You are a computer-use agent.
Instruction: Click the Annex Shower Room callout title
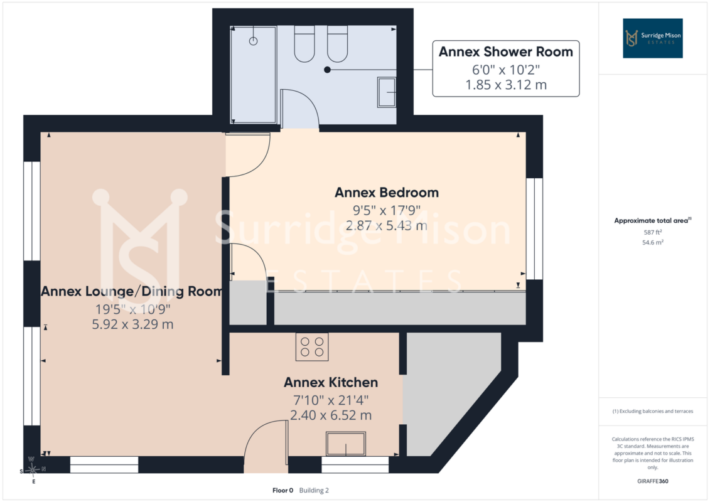point(506,52)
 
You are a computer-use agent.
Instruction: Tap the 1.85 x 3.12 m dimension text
point(506,85)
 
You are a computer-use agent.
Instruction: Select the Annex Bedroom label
point(387,193)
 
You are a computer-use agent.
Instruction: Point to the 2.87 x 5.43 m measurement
point(387,225)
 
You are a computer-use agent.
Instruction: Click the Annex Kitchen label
point(331,383)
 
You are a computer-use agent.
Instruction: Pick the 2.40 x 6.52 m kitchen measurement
point(331,415)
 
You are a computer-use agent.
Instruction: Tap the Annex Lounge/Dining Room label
point(132,291)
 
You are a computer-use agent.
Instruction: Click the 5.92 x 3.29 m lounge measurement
point(132,324)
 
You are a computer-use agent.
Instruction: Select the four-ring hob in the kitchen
point(312,347)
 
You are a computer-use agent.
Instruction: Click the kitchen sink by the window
point(346,444)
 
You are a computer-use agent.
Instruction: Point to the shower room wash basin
point(387,92)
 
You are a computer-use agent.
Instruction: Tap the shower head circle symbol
point(254,41)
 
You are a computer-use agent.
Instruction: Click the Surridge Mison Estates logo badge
point(653,38)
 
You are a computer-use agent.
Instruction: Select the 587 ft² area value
point(653,232)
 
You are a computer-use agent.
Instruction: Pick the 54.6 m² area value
point(653,243)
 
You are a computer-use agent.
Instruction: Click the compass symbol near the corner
point(33,471)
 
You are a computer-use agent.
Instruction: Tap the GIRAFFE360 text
point(653,481)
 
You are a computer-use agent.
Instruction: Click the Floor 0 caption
point(283,490)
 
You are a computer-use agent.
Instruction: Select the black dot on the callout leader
point(328,70)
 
